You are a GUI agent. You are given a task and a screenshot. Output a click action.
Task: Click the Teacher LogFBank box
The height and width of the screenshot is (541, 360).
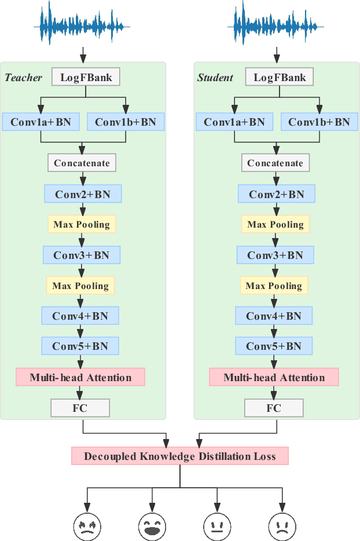click(86, 77)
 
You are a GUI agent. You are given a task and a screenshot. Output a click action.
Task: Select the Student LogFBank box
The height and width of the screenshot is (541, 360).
click(279, 77)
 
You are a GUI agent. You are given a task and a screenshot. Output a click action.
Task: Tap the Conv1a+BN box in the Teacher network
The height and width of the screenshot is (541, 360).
click(41, 122)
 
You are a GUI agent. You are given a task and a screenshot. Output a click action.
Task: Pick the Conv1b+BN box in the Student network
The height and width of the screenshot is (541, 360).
click(319, 122)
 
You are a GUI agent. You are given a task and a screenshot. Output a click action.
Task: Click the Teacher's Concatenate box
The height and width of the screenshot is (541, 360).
click(82, 163)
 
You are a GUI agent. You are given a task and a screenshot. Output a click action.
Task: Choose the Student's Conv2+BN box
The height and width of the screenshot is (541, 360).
click(276, 194)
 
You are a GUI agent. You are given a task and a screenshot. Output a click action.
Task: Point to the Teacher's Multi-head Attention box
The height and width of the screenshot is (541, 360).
click(80, 378)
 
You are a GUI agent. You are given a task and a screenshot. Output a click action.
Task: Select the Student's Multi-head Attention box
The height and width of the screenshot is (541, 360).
click(274, 378)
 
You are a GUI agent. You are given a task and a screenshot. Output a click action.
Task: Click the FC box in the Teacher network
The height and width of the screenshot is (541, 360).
click(80, 408)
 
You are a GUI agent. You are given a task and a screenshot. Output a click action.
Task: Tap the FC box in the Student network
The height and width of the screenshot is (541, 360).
click(273, 408)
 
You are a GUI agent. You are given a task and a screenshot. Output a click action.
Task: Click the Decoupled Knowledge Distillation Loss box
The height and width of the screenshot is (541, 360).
click(179, 456)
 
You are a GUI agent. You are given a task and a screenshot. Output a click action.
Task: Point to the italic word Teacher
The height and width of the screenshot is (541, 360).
click(24, 78)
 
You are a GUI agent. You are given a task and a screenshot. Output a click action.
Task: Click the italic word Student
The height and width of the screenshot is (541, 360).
click(215, 78)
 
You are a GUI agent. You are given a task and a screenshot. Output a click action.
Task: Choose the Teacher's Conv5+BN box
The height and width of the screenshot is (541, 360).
click(80, 346)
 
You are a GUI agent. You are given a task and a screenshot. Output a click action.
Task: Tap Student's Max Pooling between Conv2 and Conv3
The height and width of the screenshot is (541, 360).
click(275, 224)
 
